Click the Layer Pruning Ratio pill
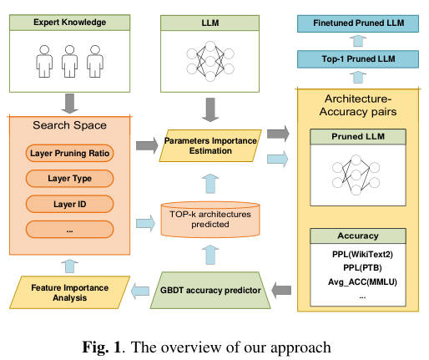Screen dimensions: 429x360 pyautogui.click(x=69, y=153)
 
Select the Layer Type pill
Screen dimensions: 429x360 pyautogui.click(x=69, y=178)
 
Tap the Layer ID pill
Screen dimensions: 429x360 pyautogui.click(x=69, y=204)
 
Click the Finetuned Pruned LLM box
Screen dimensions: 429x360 pyautogui.click(x=358, y=23)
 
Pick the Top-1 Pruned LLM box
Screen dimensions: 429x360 pyautogui.click(x=358, y=59)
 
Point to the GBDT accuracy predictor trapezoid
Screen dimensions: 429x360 pyautogui.click(x=210, y=290)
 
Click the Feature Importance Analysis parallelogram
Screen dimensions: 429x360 pyautogui.click(x=69, y=292)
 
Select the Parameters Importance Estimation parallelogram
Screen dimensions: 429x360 pyautogui.click(x=210, y=145)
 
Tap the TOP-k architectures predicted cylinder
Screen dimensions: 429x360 pyautogui.click(x=210, y=220)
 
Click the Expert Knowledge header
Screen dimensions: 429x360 pyautogui.click(x=69, y=23)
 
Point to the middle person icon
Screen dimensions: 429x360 pyautogui.click(x=69, y=62)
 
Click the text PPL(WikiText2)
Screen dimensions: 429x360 pyautogui.click(x=362, y=254)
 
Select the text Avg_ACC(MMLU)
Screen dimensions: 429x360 pyautogui.click(x=362, y=281)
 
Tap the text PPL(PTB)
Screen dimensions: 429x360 pyautogui.click(x=362, y=267)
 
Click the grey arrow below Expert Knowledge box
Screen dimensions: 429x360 pyautogui.click(x=69, y=104)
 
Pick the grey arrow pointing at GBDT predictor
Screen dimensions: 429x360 pyautogui.click(x=281, y=291)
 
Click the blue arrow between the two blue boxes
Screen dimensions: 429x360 pyautogui.click(x=358, y=41)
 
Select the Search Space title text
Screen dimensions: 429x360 pyautogui.click(x=69, y=125)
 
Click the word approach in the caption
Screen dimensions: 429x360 pyautogui.click(x=300, y=348)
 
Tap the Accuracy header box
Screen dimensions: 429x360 pyautogui.click(x=358, y=236)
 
